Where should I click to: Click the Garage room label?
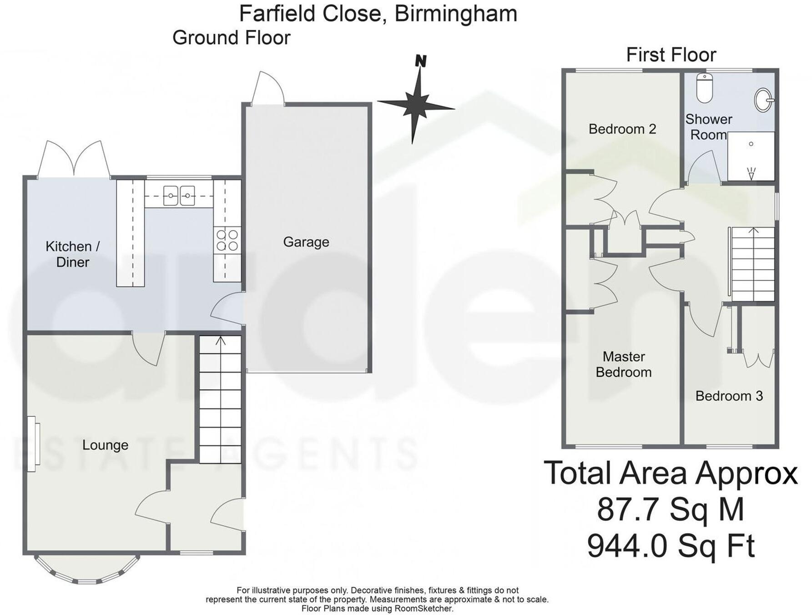pyautogui.click(x=306, y=242)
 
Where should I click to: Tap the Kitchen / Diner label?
pyautogui.click(x=72, y=254)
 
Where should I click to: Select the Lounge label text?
pyautogui.click(x=105, y=445)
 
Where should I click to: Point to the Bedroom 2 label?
pyautogui.click(x=622, y=129)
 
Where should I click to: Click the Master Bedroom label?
pyautogui.click(x=623, y=364)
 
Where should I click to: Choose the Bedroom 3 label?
pyautogui.click(x=729, y=396)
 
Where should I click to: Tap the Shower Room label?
pyautogui.click(x=708, y=127)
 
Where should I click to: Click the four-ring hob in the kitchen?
pyautogui.click(x=227, y=240)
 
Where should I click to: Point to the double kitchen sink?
pyautogui.click(x=179, y=196)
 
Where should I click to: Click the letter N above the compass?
pyautogui.click(x=421, y=61)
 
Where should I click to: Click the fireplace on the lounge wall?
pyautogui.click(x=33, y=444)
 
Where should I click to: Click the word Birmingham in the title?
pyautogui.click(x=456, y=14)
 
